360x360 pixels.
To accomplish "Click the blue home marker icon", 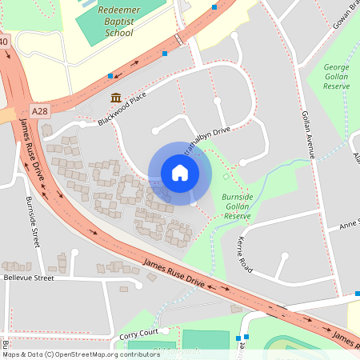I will coord(180,173).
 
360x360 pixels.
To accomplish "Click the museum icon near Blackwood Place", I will coord(116,98).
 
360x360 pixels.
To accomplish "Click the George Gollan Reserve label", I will coord(338,77).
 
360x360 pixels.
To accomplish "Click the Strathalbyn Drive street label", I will coord(206,139).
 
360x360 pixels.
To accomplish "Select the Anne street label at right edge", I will coord(349,224).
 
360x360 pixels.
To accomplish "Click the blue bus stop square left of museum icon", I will coord(110,77).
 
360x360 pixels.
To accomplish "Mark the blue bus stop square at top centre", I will coord(214,7).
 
